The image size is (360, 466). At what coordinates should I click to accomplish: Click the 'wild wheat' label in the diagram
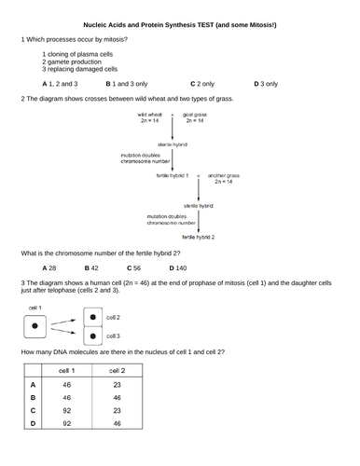click(149, 116)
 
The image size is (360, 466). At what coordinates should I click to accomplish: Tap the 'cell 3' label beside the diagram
click(112, 336)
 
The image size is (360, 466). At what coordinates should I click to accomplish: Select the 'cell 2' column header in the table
click(117, 370)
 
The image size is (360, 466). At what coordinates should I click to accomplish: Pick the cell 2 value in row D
click(117, 423)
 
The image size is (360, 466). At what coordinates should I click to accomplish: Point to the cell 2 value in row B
click(117, 397)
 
